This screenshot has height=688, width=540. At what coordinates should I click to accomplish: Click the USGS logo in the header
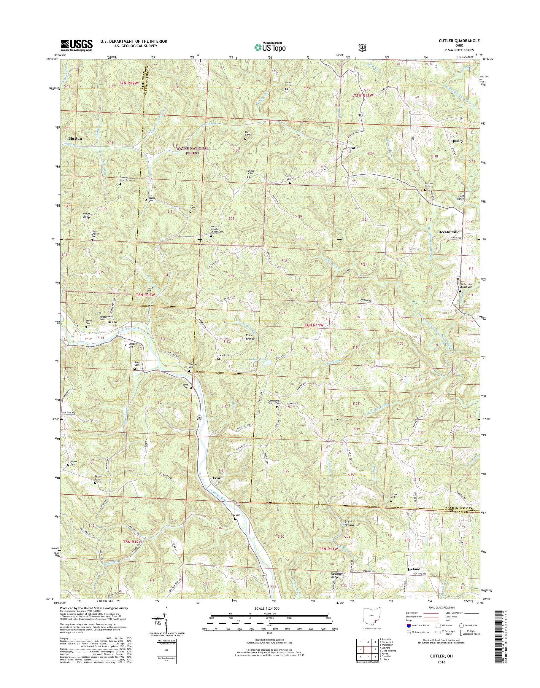click(77, 45)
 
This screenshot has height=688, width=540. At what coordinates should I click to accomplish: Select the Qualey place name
click(457, 141)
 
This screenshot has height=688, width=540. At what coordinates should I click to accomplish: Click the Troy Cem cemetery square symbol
click(235, 519)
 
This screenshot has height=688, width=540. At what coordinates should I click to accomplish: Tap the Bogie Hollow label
click(349, 523)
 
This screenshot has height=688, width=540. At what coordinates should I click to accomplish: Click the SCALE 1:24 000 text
click(267, 608)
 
